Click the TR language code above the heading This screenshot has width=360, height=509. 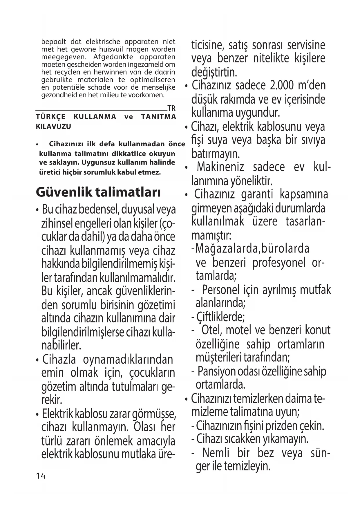pyautogui.click(x=171, y=109)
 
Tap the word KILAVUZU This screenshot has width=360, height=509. pyautogui.click(x=53, y=127)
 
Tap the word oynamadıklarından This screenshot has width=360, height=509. pyautogui.click(x=128, y=360)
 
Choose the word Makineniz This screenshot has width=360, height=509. pyautogui.click(x=220, y=167)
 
